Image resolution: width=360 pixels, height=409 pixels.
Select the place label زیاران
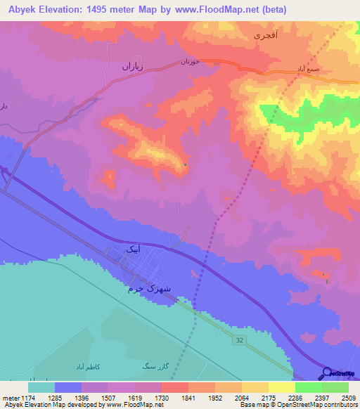point(131,68)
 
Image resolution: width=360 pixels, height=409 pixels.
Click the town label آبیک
point(133,249)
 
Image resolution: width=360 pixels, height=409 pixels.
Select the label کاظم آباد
point(89,367)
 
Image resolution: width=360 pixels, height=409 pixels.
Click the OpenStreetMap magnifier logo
point(326,373)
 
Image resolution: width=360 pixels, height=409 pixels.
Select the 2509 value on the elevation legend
point(348,398)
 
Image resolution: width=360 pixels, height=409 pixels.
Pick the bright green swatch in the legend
point(308,387)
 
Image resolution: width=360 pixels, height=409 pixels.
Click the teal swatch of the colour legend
point(41,387)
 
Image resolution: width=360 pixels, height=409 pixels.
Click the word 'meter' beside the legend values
point(10,398)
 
